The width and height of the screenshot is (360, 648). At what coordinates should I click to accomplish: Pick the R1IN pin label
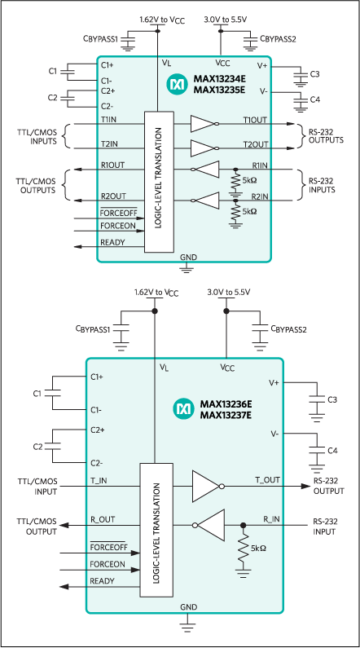point(259,165)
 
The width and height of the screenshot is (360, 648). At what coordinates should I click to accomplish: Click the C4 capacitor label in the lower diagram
point(332,450)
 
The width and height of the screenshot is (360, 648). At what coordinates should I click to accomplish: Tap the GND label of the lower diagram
point(188,608)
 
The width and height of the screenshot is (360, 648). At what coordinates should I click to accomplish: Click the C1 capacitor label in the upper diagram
point(52,72)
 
